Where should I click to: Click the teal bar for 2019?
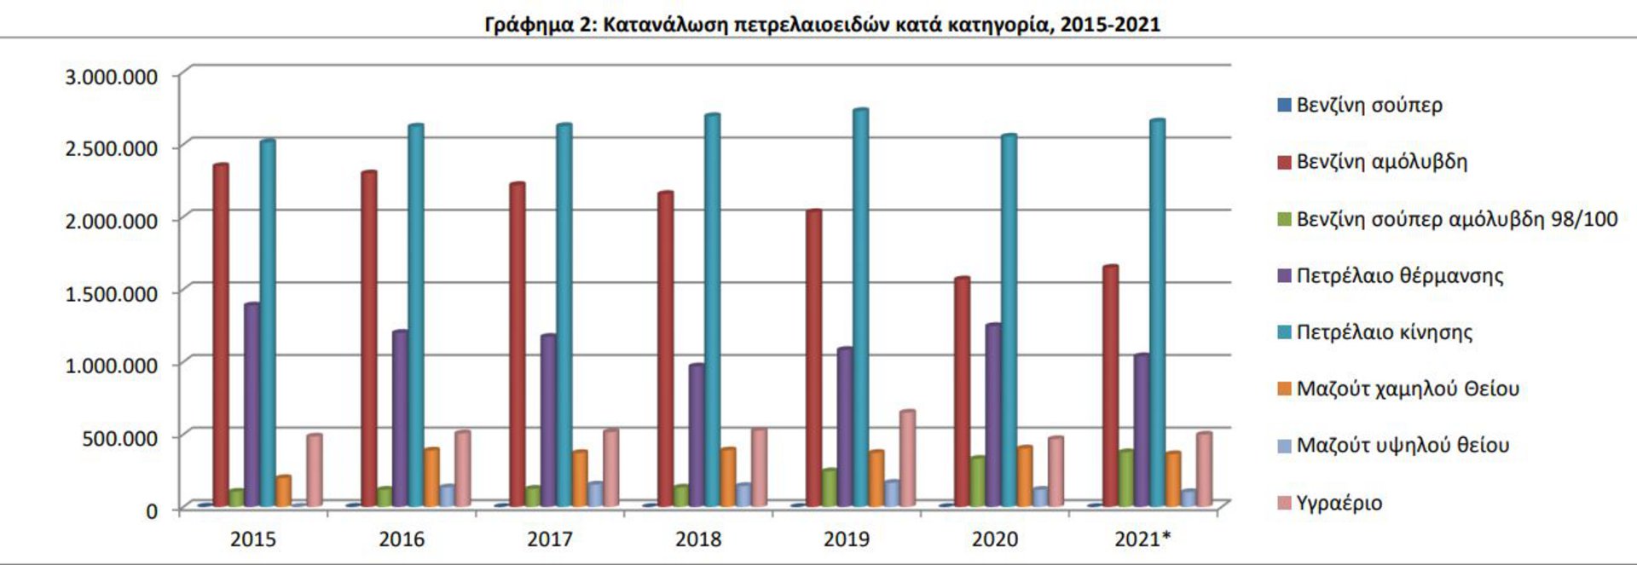859,307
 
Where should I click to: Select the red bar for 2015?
220,336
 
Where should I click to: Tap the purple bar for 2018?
696,435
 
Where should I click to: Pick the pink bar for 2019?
906,459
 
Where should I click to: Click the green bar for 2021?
1125,478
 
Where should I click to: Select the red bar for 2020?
962,392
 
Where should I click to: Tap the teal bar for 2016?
415,315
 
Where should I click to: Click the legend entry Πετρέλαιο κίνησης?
1384,332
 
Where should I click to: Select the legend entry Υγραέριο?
1339,503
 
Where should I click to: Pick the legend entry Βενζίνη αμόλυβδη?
1381,162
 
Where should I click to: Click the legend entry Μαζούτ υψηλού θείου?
1403,446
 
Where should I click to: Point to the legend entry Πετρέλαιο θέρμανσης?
1399,276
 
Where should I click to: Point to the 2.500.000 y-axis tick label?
112,148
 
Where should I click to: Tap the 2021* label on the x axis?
1142,539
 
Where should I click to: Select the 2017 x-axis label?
549,539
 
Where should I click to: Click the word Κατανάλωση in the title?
663,24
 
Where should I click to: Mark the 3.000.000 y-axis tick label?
112,77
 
